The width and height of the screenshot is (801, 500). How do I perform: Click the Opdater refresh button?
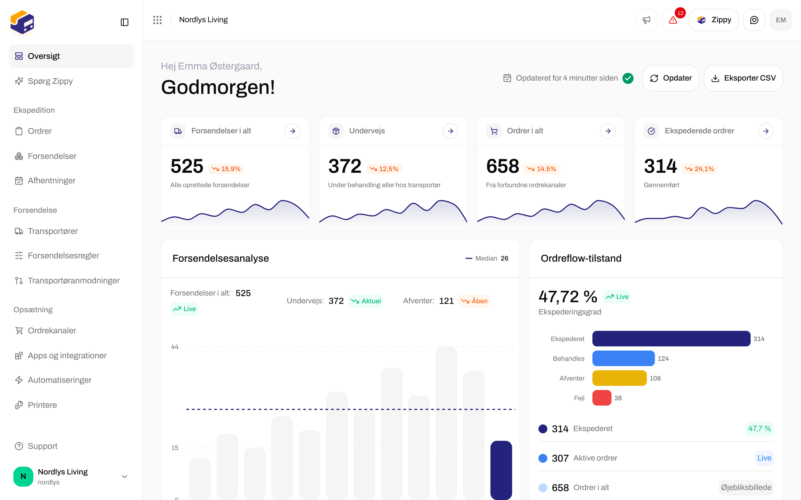click(x=671, y=78)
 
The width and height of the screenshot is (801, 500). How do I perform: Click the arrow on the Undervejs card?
click(x=451, y=131)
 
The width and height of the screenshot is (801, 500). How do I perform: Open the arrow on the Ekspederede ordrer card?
click(x=766, y=131)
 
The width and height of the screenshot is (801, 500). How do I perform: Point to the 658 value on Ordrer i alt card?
click(x=503, y=166)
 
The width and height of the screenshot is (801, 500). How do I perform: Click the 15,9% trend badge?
click(x=226, y=169)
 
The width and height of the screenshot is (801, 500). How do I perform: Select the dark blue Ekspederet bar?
click(x=671, y=339)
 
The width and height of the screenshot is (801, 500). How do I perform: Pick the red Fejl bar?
click(x=602, y=398)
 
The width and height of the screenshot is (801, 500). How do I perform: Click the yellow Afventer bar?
click(x=619, y=378)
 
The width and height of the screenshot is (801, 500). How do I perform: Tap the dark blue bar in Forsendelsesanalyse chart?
click(x=501, y=470)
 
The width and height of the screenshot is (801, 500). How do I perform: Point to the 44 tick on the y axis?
click(x=175, y=347)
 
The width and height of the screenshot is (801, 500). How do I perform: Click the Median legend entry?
click(x=486, y=258)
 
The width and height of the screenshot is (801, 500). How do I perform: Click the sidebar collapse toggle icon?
click(x=124, y=22)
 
